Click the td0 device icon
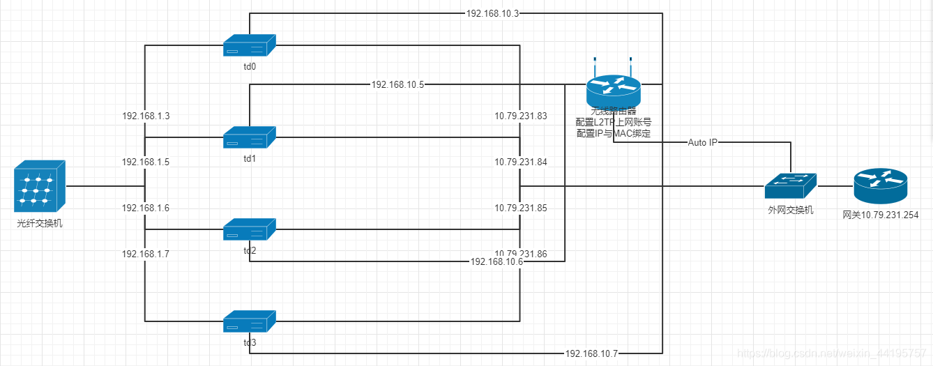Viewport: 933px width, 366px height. coord(250,46)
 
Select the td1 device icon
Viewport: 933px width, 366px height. coord(250,137)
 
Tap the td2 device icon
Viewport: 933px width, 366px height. coord(250,229)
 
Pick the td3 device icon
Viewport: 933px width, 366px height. coord(250,321)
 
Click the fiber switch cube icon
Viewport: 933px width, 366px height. coord(40,187)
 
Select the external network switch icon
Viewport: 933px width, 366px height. coord(790,185)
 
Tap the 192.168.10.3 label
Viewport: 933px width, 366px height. coord(492,13)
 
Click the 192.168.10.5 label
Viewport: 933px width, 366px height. coord(397,84)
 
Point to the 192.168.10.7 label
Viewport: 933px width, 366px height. coord(591,353)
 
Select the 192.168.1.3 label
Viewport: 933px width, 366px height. coord(146,116)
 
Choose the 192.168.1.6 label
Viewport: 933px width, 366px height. coord(146,208)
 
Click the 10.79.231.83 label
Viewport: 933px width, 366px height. coord(521,116)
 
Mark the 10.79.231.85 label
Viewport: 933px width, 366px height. coord(521,208)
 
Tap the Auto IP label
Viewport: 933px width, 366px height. coord(703,142)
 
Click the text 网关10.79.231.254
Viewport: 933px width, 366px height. coord(880,215)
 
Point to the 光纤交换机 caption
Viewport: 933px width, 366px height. coord(40,224)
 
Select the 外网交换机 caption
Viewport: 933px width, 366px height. coord(790,210)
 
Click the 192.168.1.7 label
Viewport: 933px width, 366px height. coord(146,254)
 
